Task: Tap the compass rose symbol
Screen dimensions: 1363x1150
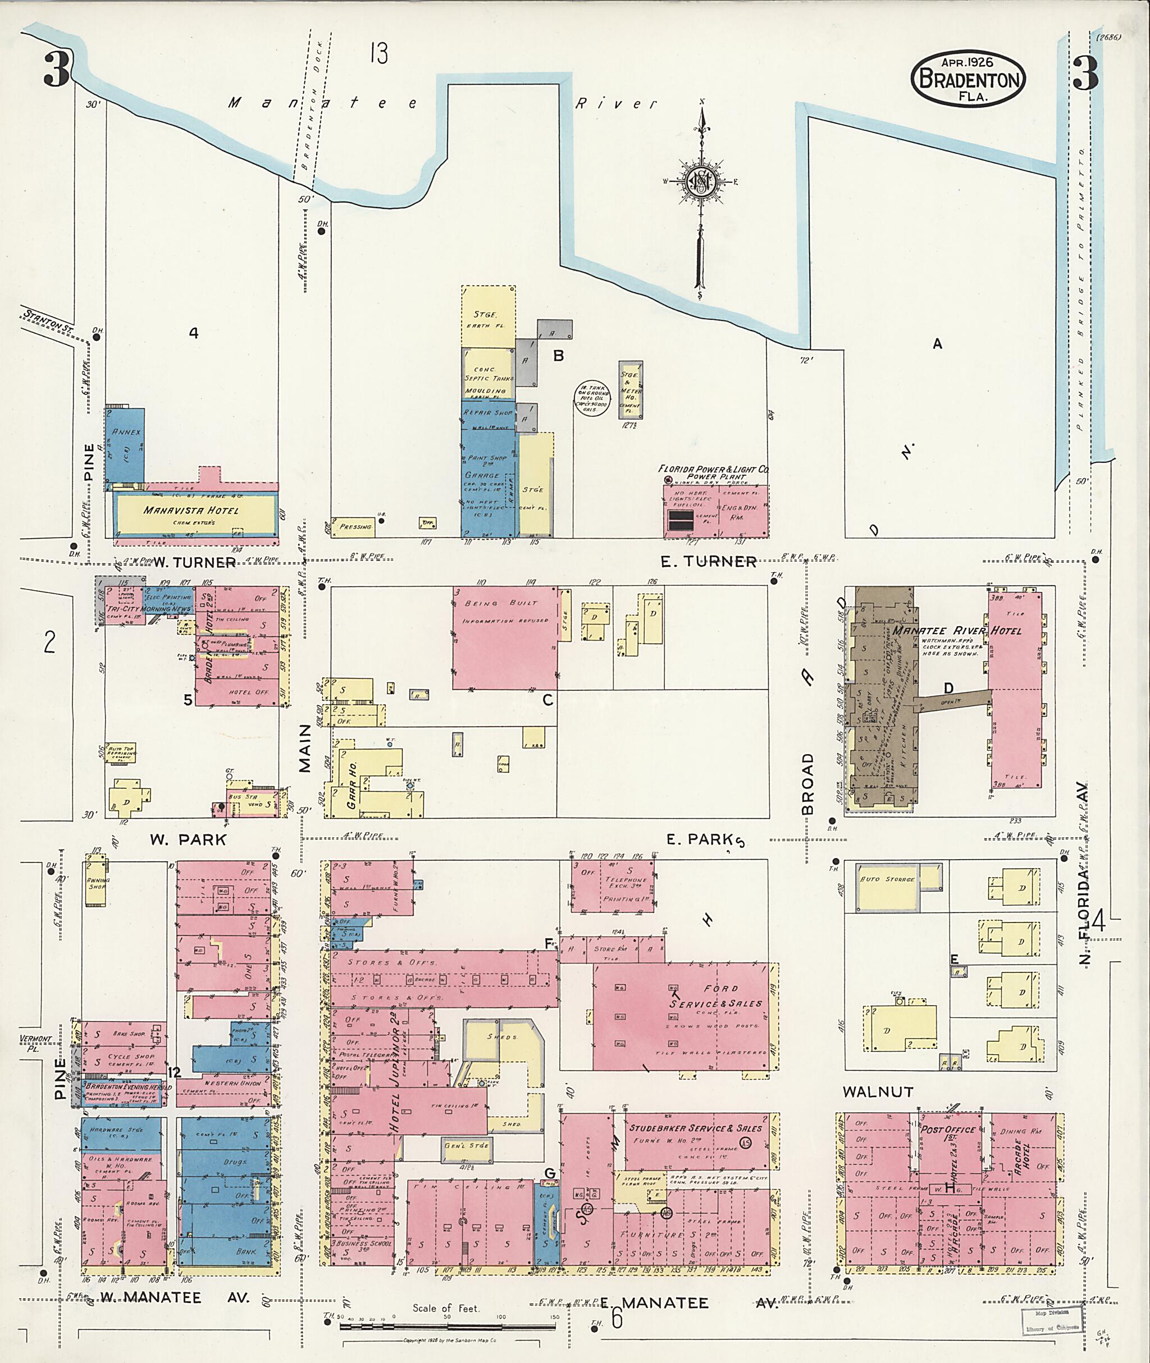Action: pyautogui.click(x=700, y=181)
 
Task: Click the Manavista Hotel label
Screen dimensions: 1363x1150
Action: pyautogui.click(x=191, y=511)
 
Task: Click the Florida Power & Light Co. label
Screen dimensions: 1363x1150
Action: pyautogui.click(x=713, y=469)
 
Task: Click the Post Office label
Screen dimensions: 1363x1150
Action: pyautogui.click(x=948, y=1130)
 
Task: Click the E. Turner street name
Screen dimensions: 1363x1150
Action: pyautogui.click(x=708, y=562)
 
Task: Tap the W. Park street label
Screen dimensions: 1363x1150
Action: pyautogui.click(x=188, y=840)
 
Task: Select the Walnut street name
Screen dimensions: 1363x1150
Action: pyautogui.click(x=878, y=1091)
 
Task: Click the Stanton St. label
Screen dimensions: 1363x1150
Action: pyautogui.click(x=48, y=319)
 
